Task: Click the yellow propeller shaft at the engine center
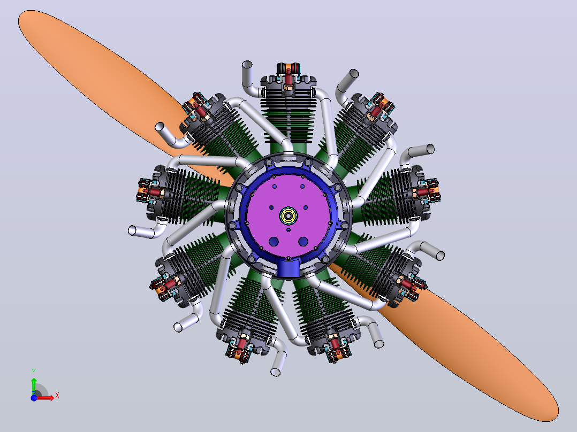[288, 215]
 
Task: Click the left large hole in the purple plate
[274, 242]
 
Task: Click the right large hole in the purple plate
[303, 242]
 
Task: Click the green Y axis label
[34, 372]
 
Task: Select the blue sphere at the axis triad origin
[34, 398]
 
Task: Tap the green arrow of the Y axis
[34, 386]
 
